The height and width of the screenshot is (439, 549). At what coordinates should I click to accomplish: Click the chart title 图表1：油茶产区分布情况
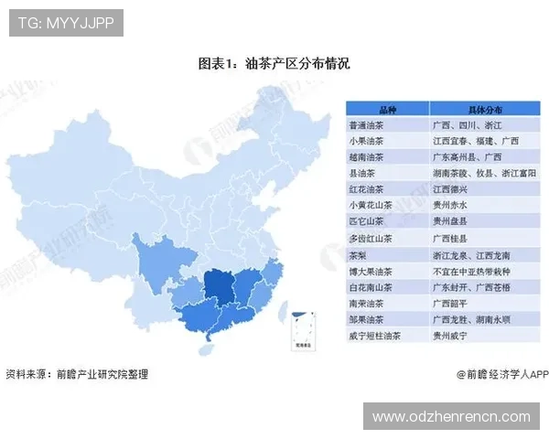click(274, 64)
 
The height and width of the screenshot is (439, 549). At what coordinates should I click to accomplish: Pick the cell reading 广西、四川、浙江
click(463, 124)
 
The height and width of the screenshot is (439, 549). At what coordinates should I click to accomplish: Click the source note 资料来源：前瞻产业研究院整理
click(76, 375)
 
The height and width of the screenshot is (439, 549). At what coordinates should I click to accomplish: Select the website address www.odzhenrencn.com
click(451, 417)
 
